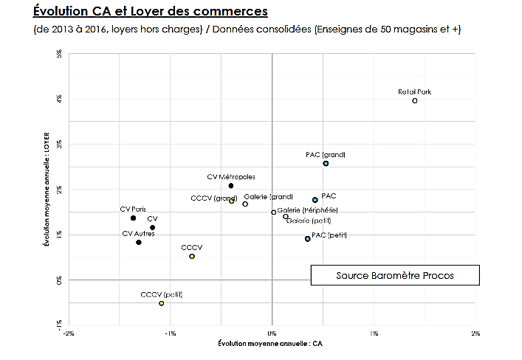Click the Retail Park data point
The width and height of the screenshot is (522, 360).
(x=415, y=100)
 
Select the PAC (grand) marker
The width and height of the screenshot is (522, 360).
(x=326, y=164)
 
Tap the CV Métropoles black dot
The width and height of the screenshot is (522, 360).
(x=231, y=186)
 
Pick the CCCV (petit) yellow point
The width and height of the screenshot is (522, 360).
(x=161, y=303)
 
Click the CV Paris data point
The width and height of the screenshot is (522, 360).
(x=133, y=218)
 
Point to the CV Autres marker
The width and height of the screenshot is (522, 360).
(x=138, y=242)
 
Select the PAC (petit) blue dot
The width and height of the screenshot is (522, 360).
(x=308, y=239)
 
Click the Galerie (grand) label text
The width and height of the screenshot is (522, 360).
(x=268, y=196)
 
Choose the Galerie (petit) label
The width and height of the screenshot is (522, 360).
(x=309, y=221)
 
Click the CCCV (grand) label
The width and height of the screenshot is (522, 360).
(x=213, y=198)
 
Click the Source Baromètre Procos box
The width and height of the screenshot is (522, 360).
(x=395, y=275)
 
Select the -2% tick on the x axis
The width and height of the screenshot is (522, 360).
(x=69, y=333)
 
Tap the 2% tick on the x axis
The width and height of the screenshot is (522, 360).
(x=476, y=333)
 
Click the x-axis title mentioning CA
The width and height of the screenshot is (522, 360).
(x=270, y=345)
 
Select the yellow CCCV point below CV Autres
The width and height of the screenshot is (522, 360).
(x=192, y=256)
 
